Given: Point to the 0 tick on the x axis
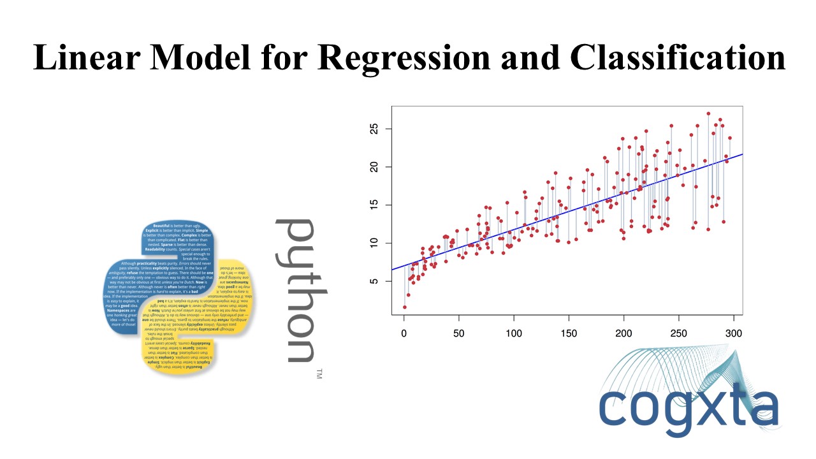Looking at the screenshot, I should (404, 333).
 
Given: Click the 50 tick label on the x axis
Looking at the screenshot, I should (459, 333).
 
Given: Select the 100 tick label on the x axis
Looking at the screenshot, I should (514, 333).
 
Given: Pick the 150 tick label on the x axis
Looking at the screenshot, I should (569, 333).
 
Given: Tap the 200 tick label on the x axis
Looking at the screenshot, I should (624, 333).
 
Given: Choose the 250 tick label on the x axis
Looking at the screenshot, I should (679, 333).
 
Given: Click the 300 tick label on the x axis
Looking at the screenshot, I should (734, 333).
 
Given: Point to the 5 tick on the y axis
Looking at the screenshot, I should (375, 281).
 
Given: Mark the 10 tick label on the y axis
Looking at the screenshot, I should (375, 243).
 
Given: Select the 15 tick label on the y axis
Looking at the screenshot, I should (375, 205).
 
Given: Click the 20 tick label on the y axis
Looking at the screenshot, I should (375, 167).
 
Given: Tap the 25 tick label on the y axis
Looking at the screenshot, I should (375, 129).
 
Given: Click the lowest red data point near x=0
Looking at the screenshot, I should (405, 307).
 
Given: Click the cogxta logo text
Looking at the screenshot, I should (688, 408).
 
